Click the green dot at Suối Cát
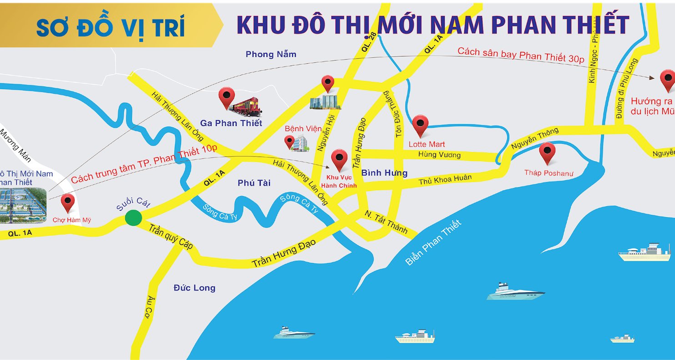pyautogui.click(x=133, y=218)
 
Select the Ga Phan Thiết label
pyautogui.click(x=231, y=123)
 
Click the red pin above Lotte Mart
pyautogui.click(x=420, y=125)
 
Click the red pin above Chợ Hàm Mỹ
pyautogui.click(x=68, y=202)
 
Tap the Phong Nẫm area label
pyautogui.click(x=271, y=55)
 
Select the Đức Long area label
pyautogui.click(x=194, y=288)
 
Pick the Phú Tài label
pyautogui.click(x=254, y=183)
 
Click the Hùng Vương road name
pyautogui.click(x=439, y=155)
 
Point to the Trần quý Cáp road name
pyautogui.click(x=171, y=236)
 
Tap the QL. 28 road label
pyautogui.click(x=370, y=44)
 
